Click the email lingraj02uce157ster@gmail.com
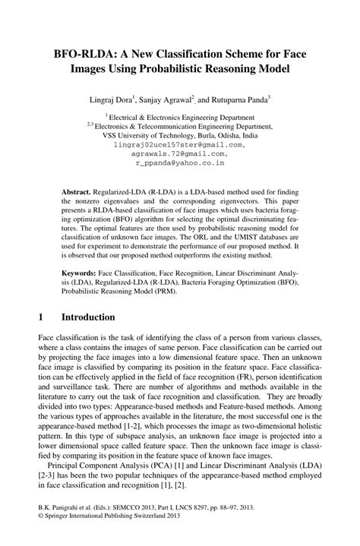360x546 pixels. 179,144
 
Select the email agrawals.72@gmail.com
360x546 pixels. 179,153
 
